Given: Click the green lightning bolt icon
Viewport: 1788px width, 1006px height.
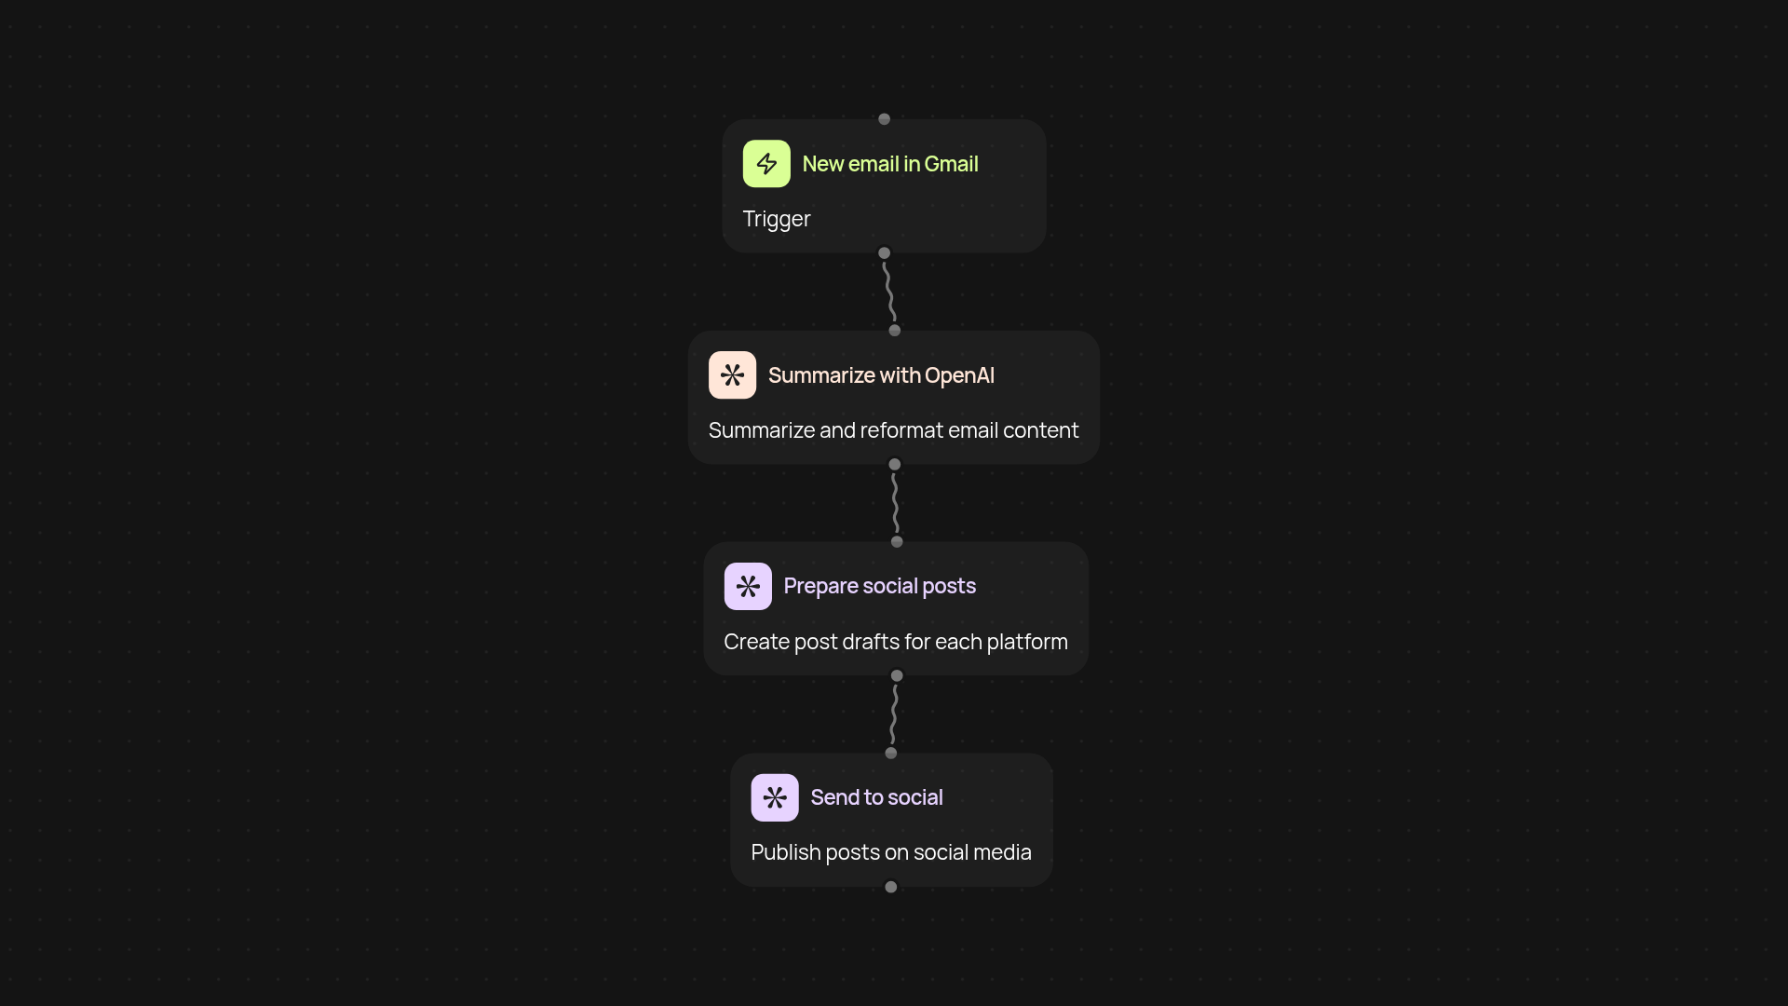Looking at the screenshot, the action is tap(766, 164).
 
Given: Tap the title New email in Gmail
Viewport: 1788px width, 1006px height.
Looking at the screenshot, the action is tap(890, 164).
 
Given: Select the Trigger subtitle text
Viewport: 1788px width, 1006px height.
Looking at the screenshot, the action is tap(777, 219).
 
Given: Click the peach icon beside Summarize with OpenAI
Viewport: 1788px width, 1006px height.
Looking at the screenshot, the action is tap(732, 375).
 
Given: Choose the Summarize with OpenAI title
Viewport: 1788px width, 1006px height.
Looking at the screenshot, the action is tap(881, 375).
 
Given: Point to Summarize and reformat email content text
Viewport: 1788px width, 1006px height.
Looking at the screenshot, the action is tap(894, 430).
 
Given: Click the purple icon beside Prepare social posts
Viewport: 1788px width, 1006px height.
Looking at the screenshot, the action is tap(748, 586).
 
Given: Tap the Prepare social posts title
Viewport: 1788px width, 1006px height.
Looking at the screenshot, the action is tap(880, 586).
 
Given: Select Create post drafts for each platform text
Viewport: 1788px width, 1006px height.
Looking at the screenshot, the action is tap(896, 642).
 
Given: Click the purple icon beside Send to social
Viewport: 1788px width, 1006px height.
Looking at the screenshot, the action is tap(775, 797).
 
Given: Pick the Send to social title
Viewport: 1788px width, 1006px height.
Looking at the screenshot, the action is tap(876, 797).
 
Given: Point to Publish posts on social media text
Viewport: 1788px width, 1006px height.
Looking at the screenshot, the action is tap(891, 852).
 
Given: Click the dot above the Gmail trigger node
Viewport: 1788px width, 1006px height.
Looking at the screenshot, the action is tap(885, 119).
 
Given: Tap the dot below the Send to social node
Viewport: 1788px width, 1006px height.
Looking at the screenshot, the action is tap(891, 887).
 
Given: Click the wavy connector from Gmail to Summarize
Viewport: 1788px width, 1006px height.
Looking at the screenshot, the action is tap(889, 292).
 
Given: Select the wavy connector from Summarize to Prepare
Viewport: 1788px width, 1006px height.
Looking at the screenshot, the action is tap(895, 503).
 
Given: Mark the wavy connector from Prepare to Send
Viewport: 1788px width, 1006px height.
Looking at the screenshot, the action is tap(894, 714).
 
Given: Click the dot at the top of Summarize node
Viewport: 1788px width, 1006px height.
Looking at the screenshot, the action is tap(895, 331).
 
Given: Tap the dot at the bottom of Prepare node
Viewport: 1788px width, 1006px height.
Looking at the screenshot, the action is tap(897, 675).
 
